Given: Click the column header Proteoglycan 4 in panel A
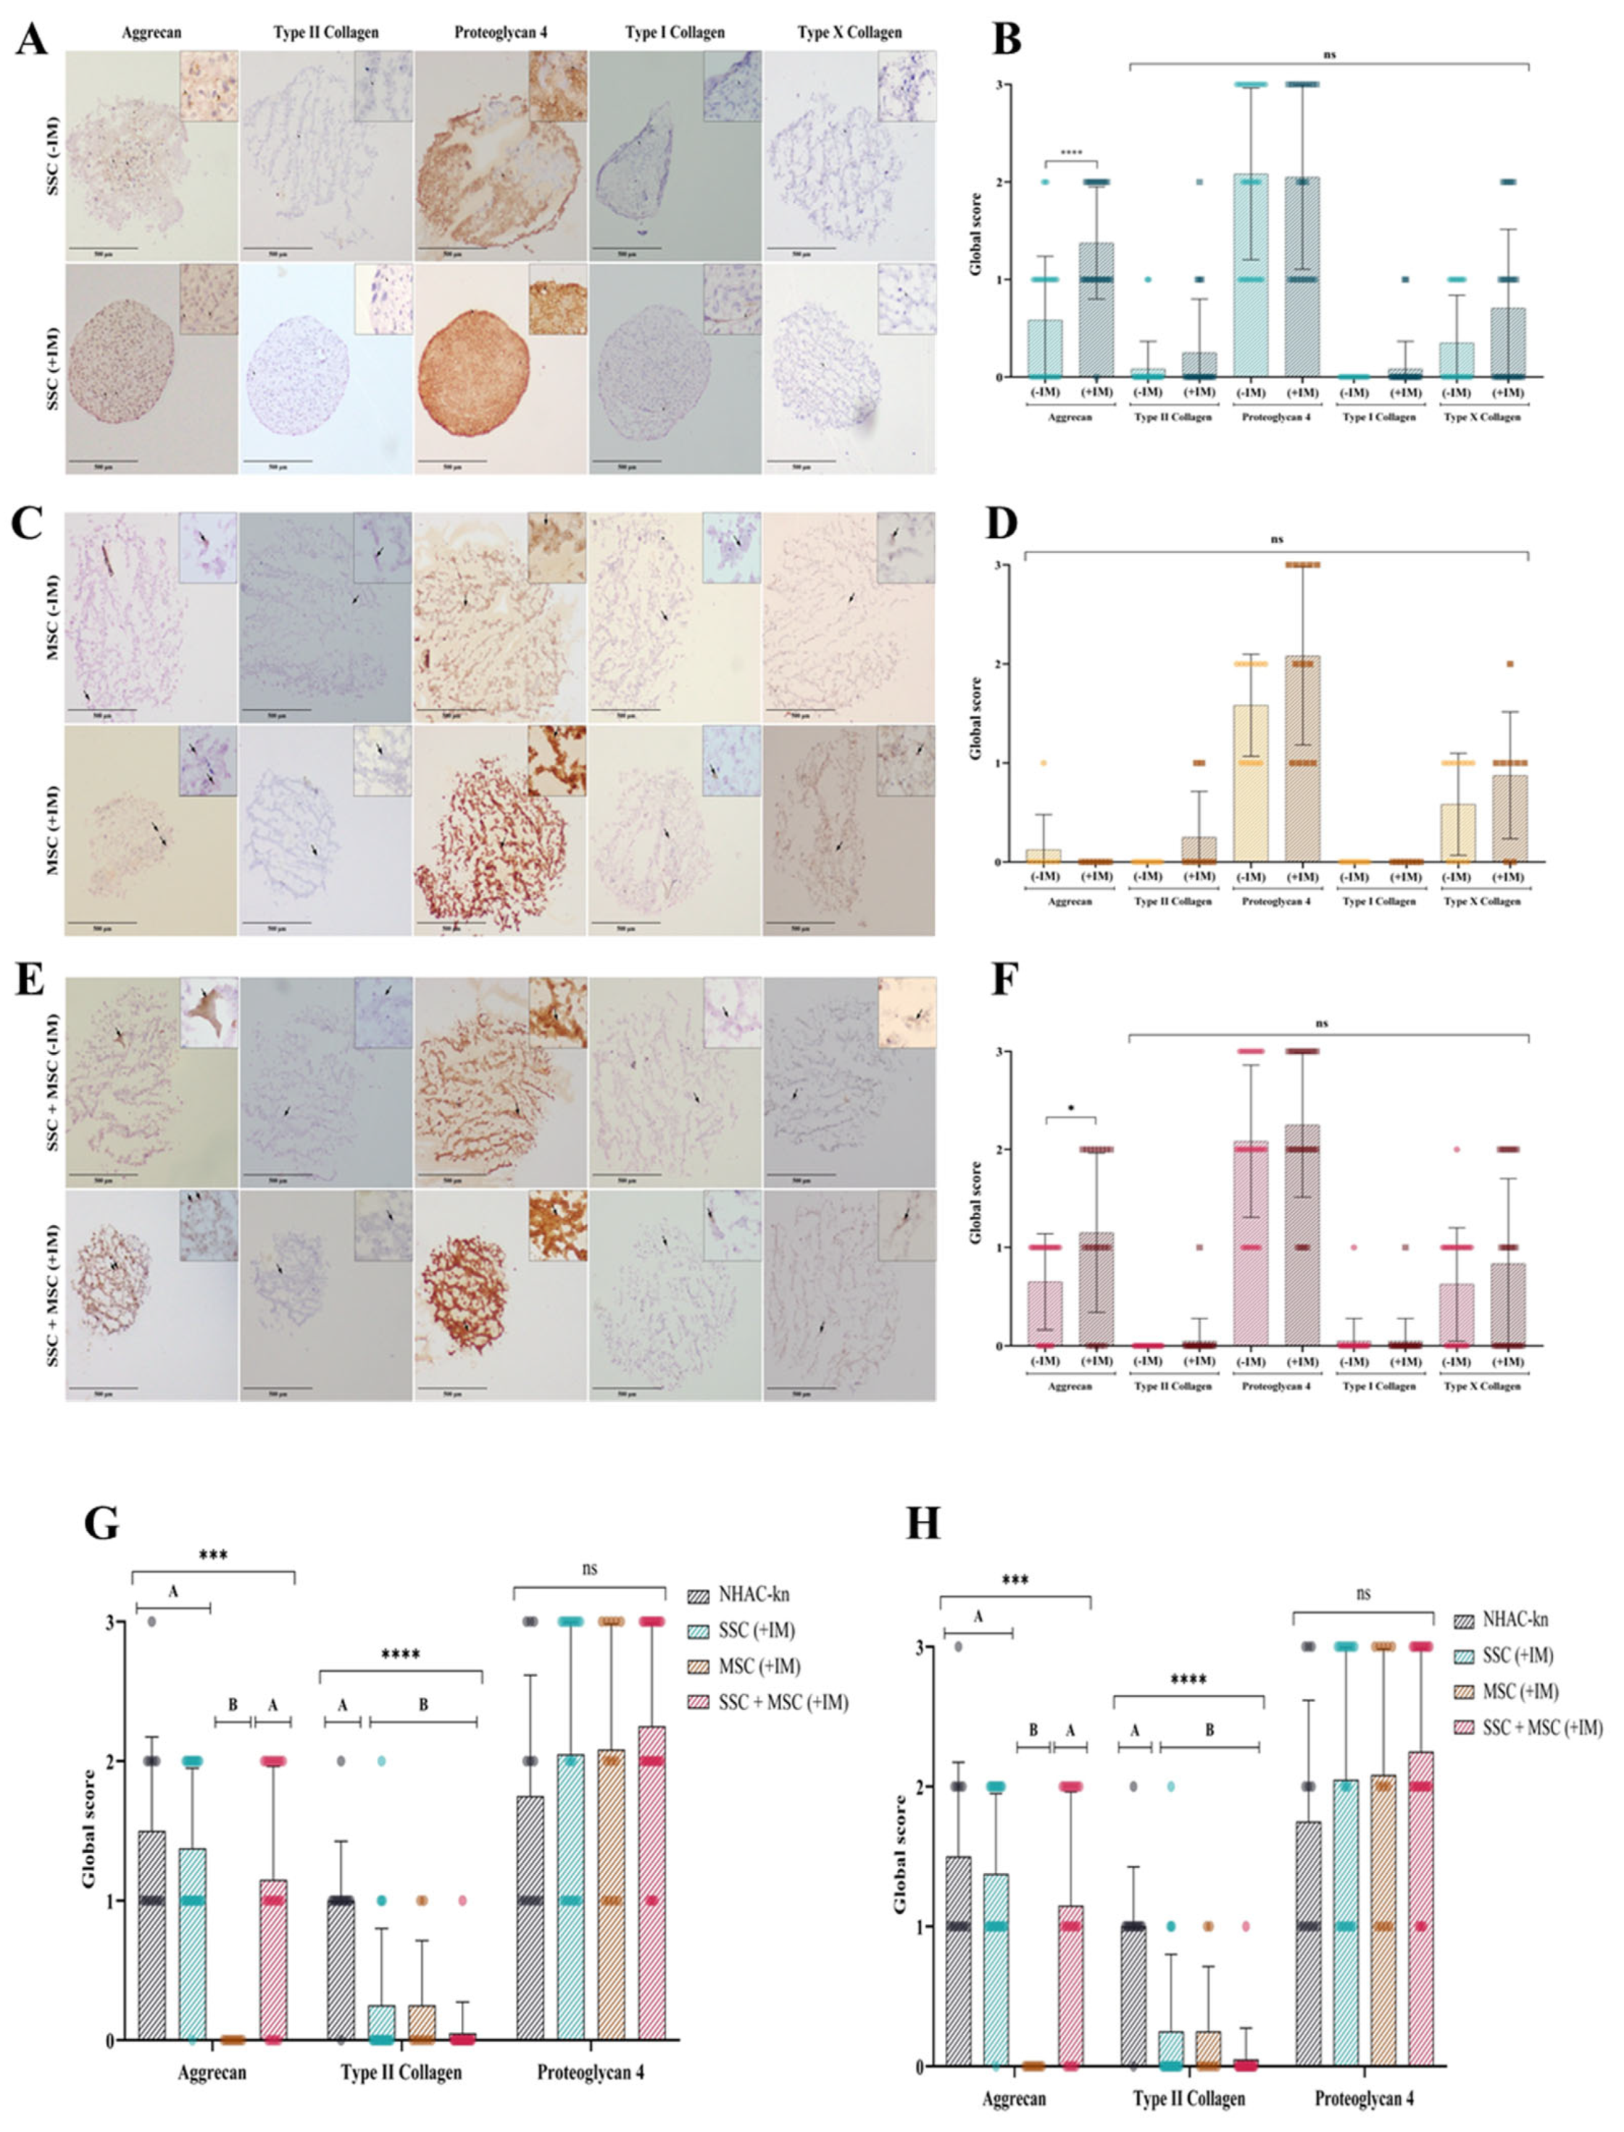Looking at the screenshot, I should click(501, 32).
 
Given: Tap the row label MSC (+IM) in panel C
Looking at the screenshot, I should click(53, 829).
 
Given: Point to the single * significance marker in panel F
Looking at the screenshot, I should click(1071, 1112).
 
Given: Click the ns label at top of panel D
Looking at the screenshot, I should click(1277, 539).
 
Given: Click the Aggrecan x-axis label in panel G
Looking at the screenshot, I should click(212, 2072).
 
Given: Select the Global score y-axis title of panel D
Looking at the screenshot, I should click(975, 713).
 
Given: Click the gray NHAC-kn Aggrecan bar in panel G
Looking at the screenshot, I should click(151, 1934).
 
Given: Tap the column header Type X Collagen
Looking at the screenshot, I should click(850, 32).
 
